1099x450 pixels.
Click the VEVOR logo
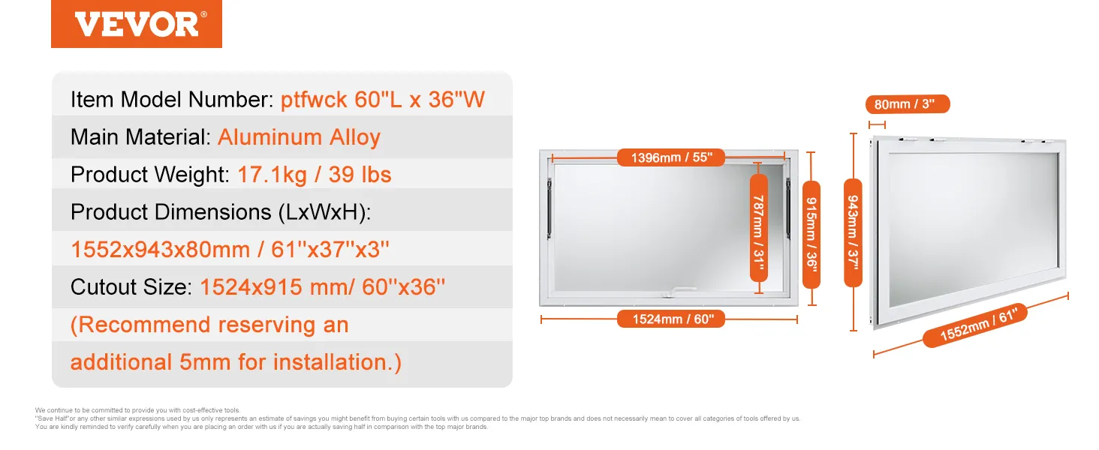pyautogui.click(x=137, y=24)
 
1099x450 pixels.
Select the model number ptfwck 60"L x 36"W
pyautogui.click(x=383, y=100)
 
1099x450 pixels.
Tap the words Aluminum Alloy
pyautogui.click(x=299, y=137)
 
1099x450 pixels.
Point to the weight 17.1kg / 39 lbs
pyautogui.click(x=315, y=175)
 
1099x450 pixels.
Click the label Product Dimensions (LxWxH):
pyautogui.click(x=221, y=212)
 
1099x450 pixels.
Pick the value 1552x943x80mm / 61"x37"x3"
pyautogui.click(x=230, y=250)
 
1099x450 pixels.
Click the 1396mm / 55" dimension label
pyautogui.click(x=671, y=157)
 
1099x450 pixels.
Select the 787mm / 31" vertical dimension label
pyautogui.click(x=759, y=228)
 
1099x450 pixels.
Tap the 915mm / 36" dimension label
pyautogui.click(x=811, y=234)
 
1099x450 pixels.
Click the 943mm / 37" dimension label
pyautogui.click(x=854, y=232)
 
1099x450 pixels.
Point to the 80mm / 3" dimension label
pyautogui.click(x=907, y=104)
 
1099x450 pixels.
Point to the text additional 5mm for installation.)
pyautogui.click(x=236, y=362)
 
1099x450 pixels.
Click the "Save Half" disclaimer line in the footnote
pyautogui.click(x=417, y=418)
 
